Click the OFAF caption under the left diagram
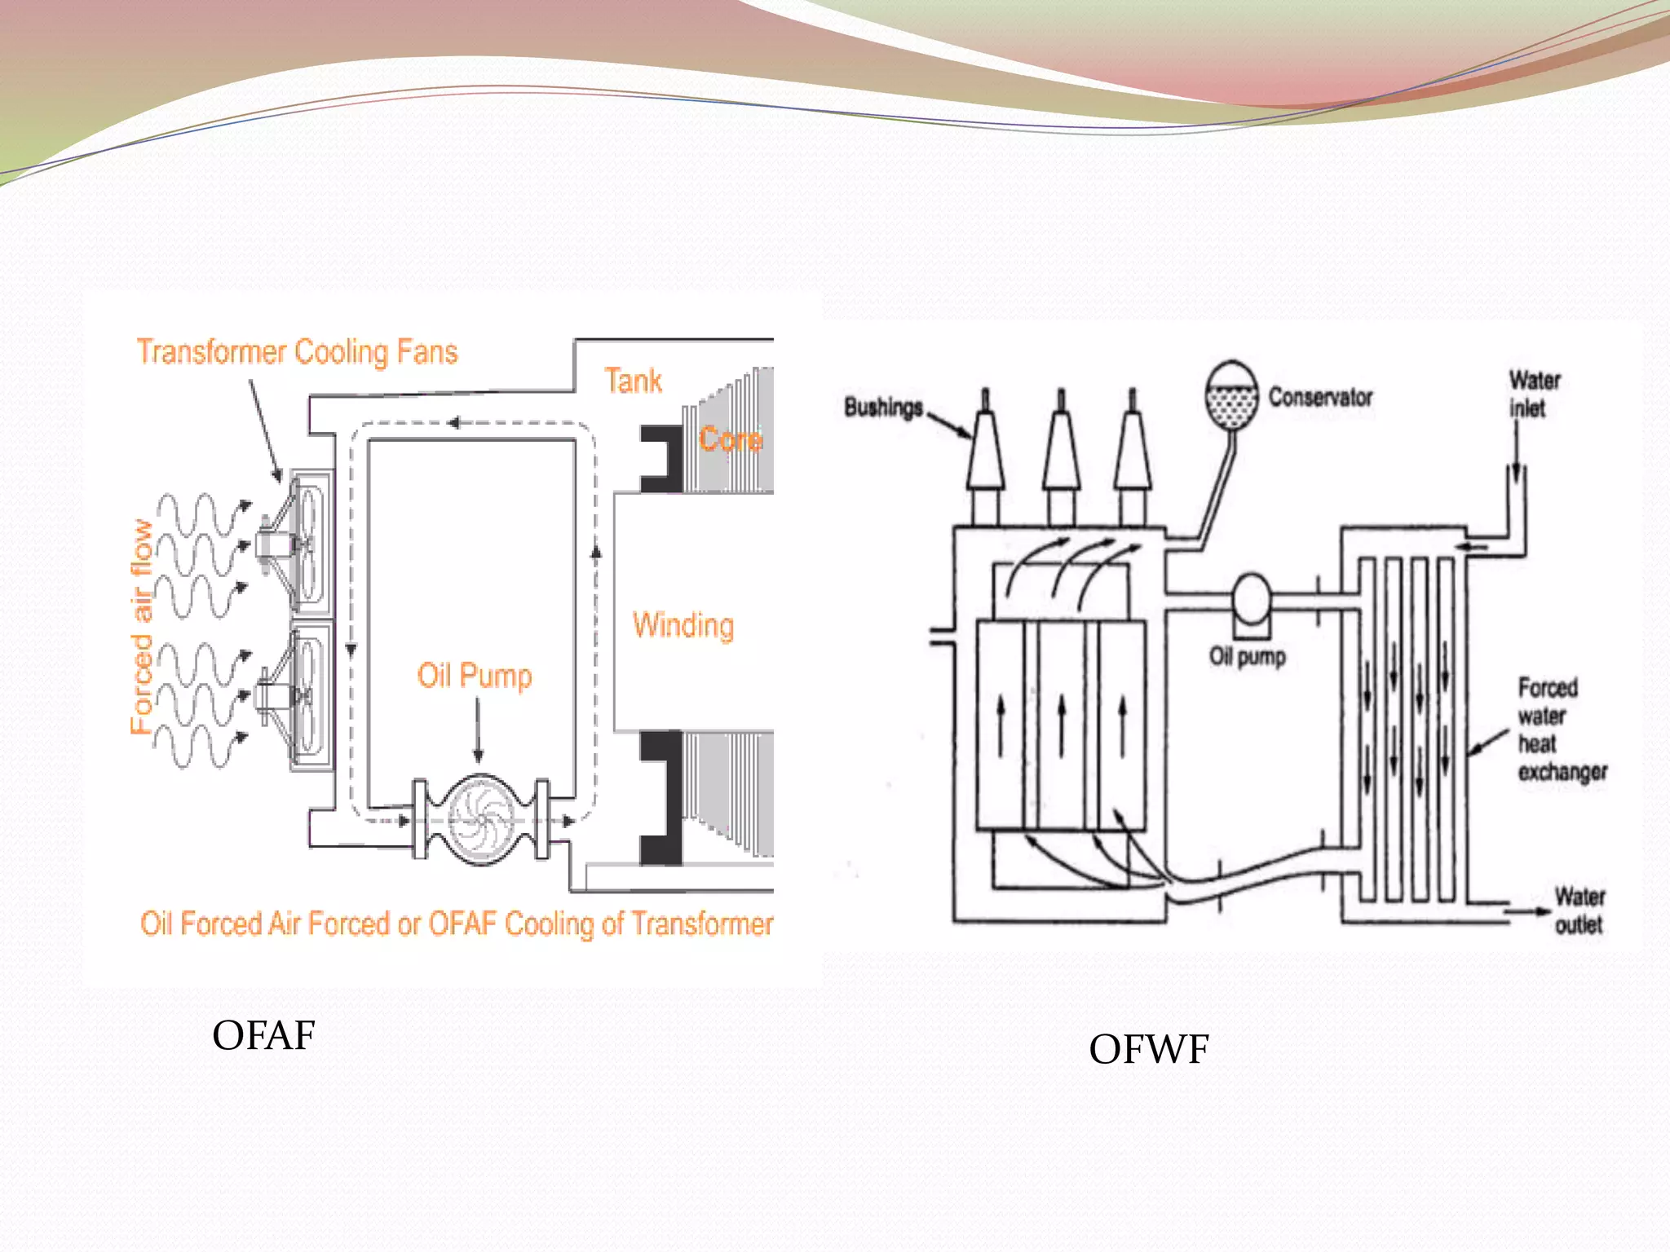point(263,1036)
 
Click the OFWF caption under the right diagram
point(1148,1050)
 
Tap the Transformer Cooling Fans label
point(297,352)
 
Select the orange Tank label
point(633,381)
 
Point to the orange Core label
point(730,439)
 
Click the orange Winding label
point(683,625)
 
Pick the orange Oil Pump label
point(475,676)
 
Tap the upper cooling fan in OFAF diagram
point(302,542)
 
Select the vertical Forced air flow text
point(142,627)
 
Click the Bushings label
point(883,407)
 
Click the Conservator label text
point(1320,398)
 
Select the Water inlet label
point(1534,394)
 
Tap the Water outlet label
point(1579,910)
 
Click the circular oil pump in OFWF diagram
point(1251,600)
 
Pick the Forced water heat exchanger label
point(1561,730)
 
